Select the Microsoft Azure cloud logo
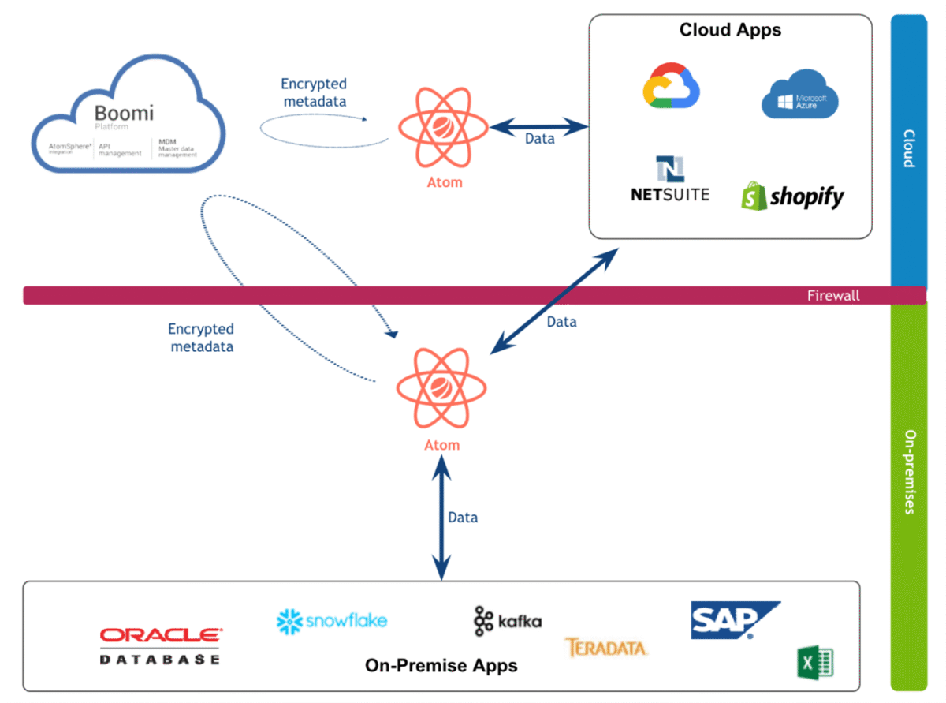click(x=799, y=95)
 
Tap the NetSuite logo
click(x=670, y=179)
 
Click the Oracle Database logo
click(x=161, y=645)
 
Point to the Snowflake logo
click(x=332, y=621)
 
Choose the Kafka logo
click(x=508, y=621)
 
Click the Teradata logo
click(x=605, y=648)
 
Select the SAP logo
click(x=733, y=620)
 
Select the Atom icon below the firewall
click(x=441, y=388)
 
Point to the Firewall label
click(x=832, y=296)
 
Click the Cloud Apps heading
click(x=730, y=30)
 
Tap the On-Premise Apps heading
click(x=441, y=665)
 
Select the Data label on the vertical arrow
click(x=463, y=518)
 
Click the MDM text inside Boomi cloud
click(x=166, y=142)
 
